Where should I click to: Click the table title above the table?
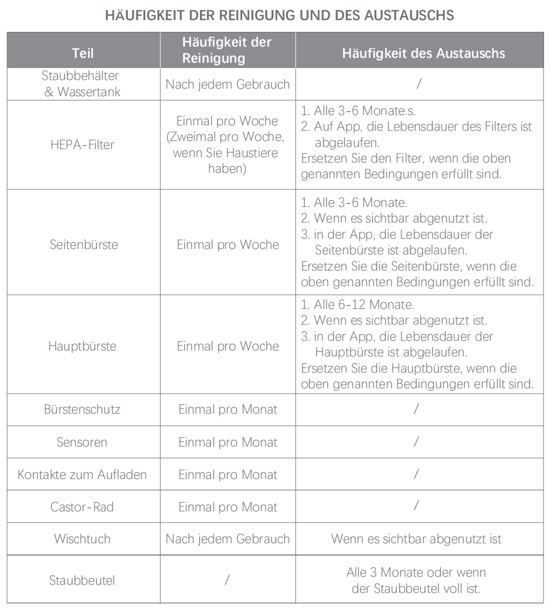pos(279,15)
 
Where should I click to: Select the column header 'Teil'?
pos(83,53)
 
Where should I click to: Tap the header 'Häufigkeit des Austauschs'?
pos(424,53)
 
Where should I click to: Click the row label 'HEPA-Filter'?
pos(83,145)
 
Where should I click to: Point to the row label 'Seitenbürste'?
pos(84,245)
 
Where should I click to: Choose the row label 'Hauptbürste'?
pos(82,346)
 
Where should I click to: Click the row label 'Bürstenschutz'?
pos(82,409)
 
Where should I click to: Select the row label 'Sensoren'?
pos(82,442)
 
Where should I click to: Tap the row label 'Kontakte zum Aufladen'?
pos(82,475)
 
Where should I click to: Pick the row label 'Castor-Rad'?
pos(82,507)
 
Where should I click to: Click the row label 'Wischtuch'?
pos(82,539)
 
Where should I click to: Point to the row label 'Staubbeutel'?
pos(82,580)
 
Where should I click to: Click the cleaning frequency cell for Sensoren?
pos(228,442)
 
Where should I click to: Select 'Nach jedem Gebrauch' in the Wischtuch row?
pos(228,539)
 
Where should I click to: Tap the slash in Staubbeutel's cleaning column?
pos(227,580)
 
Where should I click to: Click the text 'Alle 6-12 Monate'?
pos(357,304)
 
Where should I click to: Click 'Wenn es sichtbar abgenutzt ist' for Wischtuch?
pos(417,539)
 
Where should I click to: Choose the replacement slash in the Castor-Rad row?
pos(416,506)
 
